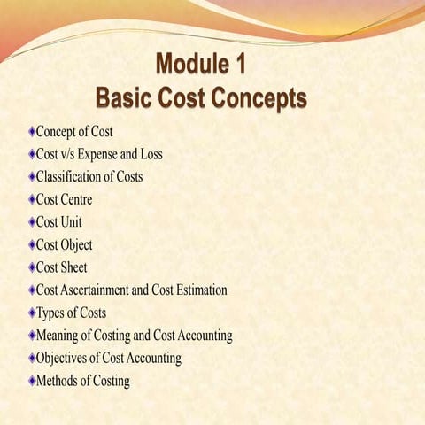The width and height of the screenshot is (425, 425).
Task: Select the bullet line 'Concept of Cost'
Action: [74, 131]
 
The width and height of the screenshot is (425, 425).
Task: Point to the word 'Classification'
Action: [72, 176]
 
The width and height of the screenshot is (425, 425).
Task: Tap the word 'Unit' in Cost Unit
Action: [73, 222]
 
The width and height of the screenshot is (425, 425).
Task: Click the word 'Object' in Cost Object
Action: [77, 244]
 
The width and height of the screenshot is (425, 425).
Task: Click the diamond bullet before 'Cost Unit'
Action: [30, 222]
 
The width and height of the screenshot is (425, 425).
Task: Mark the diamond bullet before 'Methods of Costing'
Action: [30, 381]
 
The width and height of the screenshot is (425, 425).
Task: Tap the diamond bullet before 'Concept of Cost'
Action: [30, 131]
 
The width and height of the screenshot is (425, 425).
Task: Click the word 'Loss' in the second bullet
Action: [150, 154]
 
